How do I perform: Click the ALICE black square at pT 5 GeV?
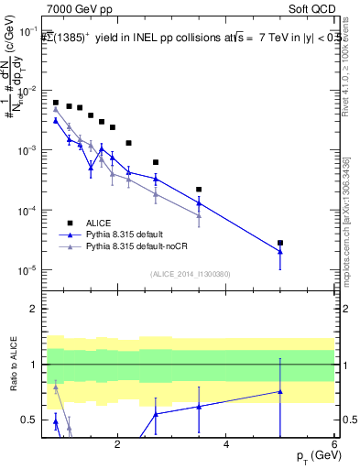[x=280, y=243]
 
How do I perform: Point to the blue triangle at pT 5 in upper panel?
[x=280, y=252]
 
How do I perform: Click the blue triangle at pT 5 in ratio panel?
[x=280, y=391]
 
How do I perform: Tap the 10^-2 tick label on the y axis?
[x=28, y=91]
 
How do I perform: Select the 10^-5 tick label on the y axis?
[x=28, y=270]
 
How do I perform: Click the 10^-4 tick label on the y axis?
[x=28, y=211]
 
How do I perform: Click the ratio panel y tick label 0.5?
[x=31, y=420]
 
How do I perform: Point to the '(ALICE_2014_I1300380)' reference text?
[x=191, y=273]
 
